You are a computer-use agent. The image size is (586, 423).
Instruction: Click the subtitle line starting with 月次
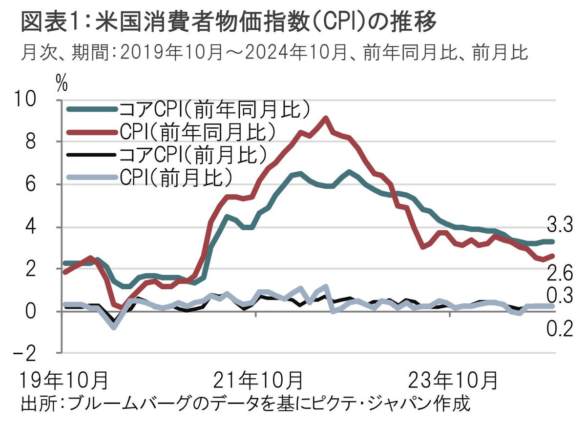(x=274, y=52)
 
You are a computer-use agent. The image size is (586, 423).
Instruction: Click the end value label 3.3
(x=559, y=225)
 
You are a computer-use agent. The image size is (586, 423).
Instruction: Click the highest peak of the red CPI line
(x=326, y=118)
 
